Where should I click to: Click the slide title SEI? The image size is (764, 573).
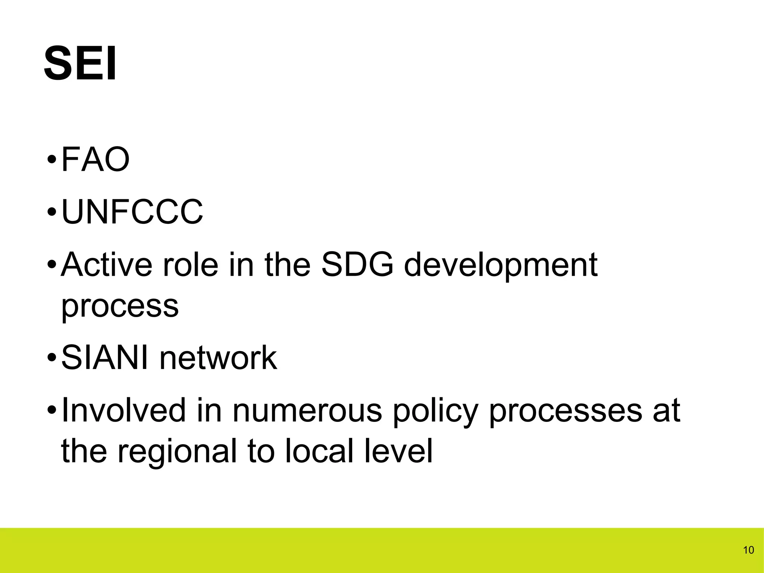point(80,63)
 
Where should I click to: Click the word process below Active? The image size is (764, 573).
point(120,307)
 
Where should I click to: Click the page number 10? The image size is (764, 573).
point(748,550)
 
